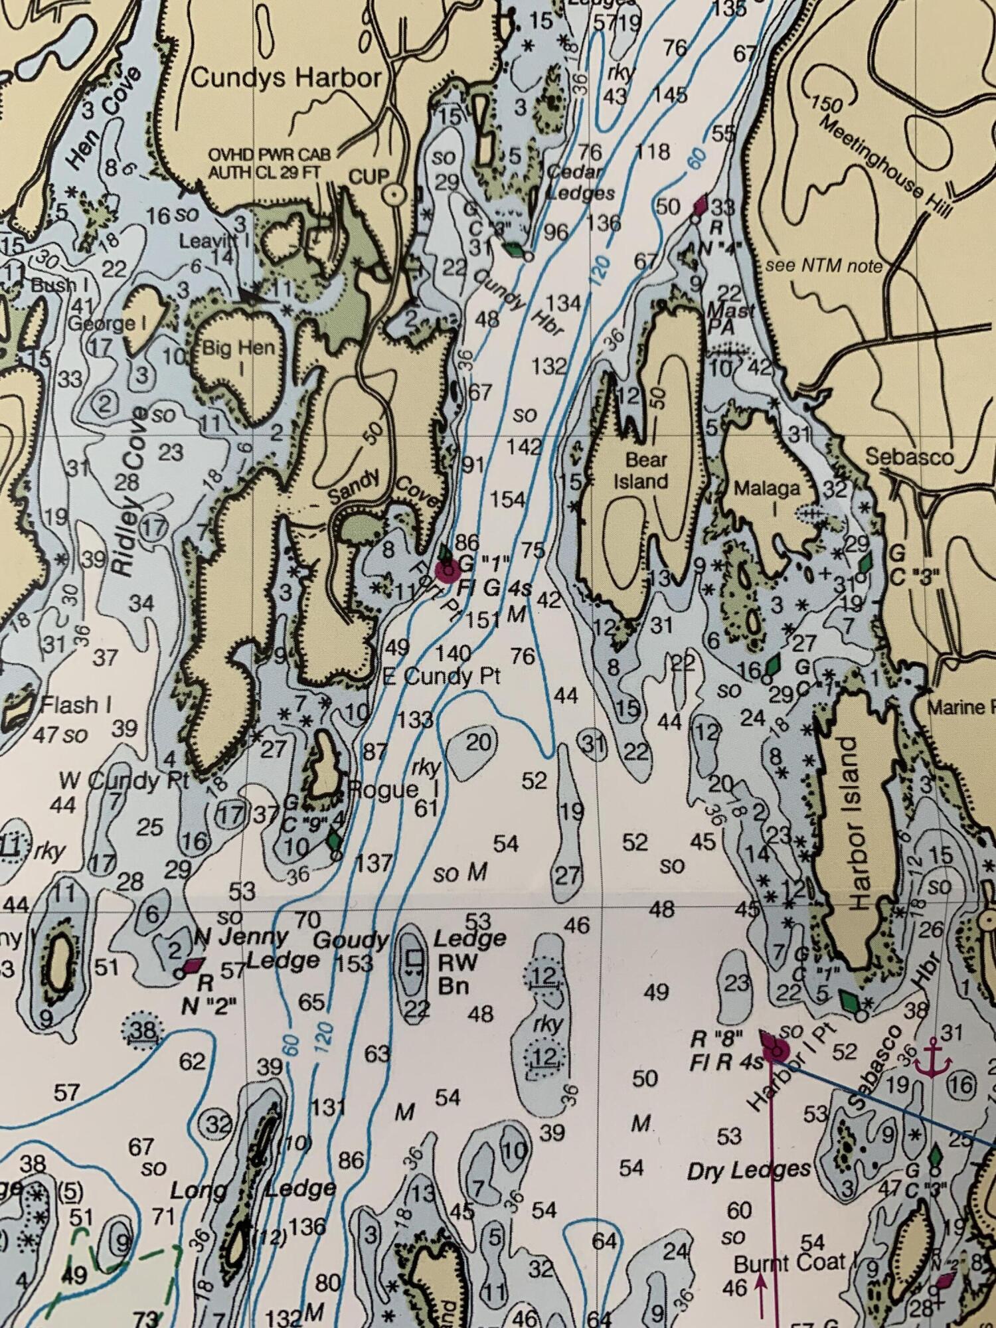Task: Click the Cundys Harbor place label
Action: tap(286, 78)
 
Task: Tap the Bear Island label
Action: tap(640, 470)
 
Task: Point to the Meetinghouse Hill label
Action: tap(886, 166)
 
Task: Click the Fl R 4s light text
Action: tap(726, 1062)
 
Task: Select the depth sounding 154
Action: tap(507, 499)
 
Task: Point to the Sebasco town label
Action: tap(908, 457)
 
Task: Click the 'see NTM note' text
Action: tap(823, 266)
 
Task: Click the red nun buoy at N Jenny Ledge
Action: tap(193, 964)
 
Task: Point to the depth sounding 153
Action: tap(355, 963)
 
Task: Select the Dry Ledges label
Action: tap(748, 1170)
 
